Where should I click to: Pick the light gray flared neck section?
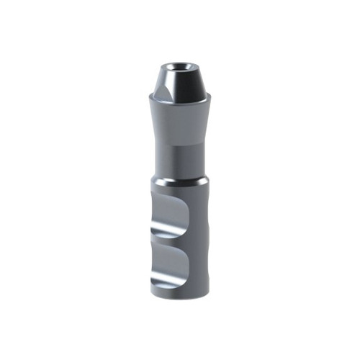(x=180, y=119)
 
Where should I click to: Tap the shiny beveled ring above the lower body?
(x=180, y=179)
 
